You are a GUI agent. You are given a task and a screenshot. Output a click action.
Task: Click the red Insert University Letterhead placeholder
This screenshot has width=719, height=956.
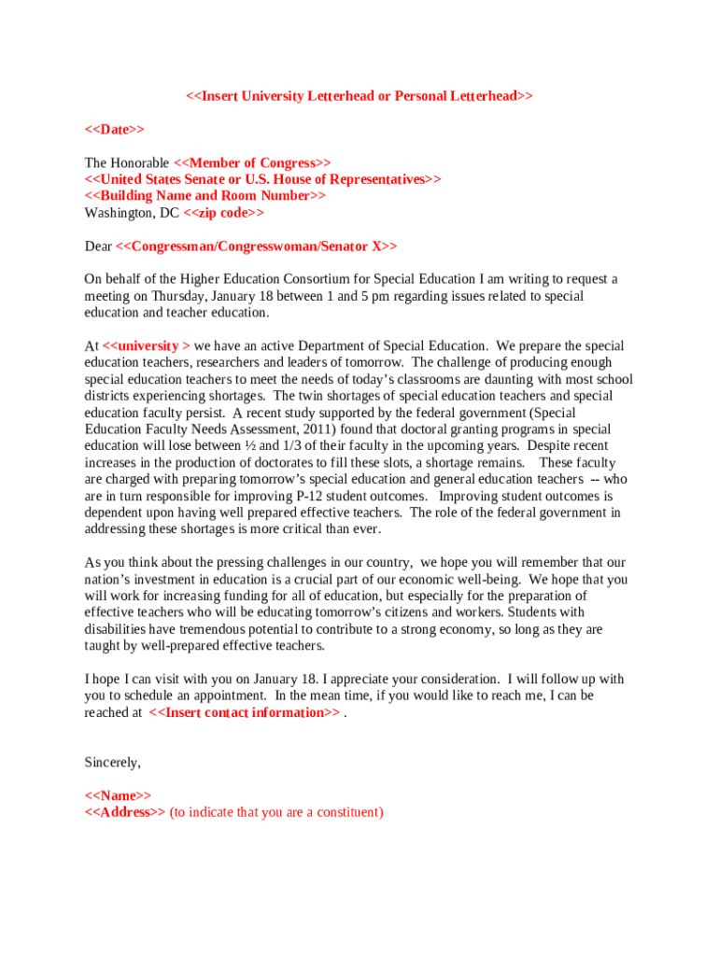359,96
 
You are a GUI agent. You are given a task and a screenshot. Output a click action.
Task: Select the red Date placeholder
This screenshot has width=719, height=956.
114,129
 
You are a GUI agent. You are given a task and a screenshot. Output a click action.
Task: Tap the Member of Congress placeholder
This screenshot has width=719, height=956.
252,162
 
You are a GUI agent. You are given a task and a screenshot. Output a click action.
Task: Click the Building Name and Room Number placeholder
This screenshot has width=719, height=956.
205,195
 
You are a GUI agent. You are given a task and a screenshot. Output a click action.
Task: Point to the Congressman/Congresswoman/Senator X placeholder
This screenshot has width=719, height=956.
256,246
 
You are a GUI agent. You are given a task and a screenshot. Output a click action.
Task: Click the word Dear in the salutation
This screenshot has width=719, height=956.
98,246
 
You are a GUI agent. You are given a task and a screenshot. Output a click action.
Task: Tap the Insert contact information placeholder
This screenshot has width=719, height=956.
245,712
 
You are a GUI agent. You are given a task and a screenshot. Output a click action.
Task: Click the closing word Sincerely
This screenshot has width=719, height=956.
112,763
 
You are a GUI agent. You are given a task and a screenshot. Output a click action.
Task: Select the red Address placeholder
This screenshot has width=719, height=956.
125,812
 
